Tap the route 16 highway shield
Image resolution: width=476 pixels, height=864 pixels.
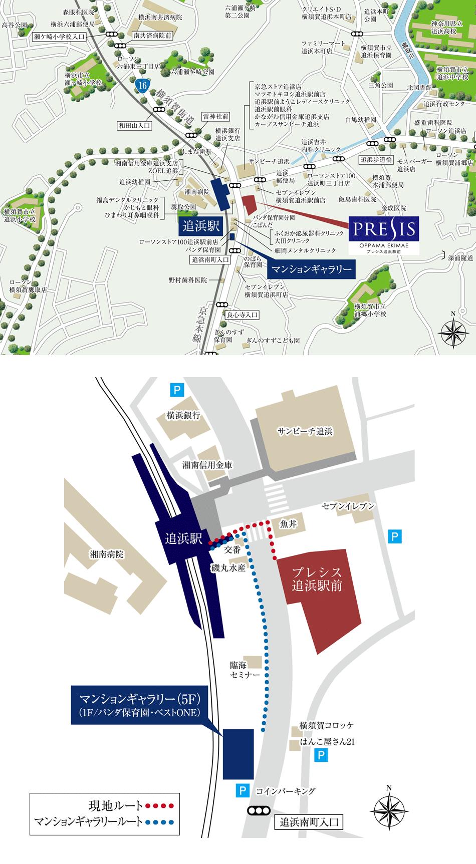click(x=143, y=86)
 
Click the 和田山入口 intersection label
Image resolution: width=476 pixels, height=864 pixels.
click(x=135, y=126)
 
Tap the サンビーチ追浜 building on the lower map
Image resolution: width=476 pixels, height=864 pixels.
click(x=305, y=431)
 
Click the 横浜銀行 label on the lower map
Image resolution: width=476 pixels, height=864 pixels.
click(x=183, y=415)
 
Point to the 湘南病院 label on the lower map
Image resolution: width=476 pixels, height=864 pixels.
click(x=106, y=554)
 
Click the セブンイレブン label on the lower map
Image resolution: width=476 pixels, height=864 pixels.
click(x=348, y=506)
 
